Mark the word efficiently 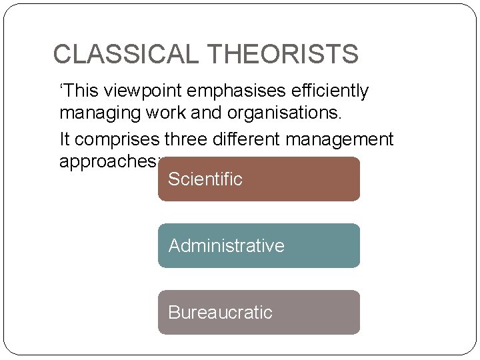[x=331, y=91]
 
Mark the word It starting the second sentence [x=65, y=139]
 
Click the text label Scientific [x=205, y=179]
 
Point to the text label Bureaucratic [x=220, y=313]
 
